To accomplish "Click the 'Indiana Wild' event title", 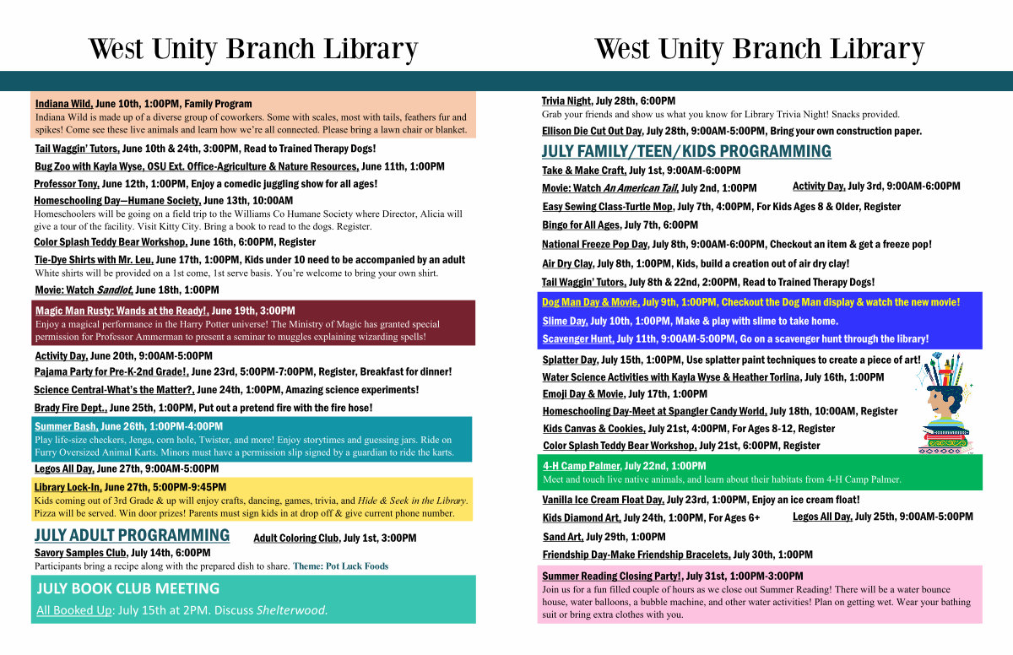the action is point(64,104).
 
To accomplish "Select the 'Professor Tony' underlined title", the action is point(67,184).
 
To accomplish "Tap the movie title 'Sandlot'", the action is point(115,290).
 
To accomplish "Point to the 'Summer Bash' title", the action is point(67,427).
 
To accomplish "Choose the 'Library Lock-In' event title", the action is point(68,487).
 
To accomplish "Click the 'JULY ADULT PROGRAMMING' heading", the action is point(132,536).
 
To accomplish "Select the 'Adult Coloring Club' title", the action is point(296,539).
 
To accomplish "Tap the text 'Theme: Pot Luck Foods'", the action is point(340,566).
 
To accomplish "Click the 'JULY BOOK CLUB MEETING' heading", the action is point(128,588).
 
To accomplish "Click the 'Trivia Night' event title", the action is point(566,101).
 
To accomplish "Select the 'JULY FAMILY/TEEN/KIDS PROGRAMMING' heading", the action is point(686,151).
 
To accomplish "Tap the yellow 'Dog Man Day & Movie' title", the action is point(591,302).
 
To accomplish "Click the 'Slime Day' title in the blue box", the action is point(566,322).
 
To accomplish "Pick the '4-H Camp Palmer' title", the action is point(582,466).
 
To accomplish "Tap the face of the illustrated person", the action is point(936,403).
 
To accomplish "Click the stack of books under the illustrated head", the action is point(945,440).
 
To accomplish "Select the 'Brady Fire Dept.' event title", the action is point(71,409).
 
